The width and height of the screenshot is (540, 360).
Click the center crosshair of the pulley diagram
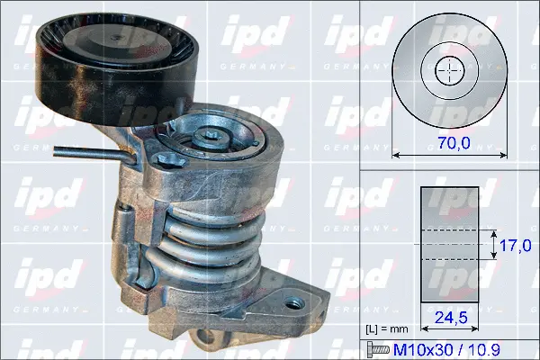coord(447,70)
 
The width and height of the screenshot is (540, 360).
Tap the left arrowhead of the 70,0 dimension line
coord(397,155)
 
